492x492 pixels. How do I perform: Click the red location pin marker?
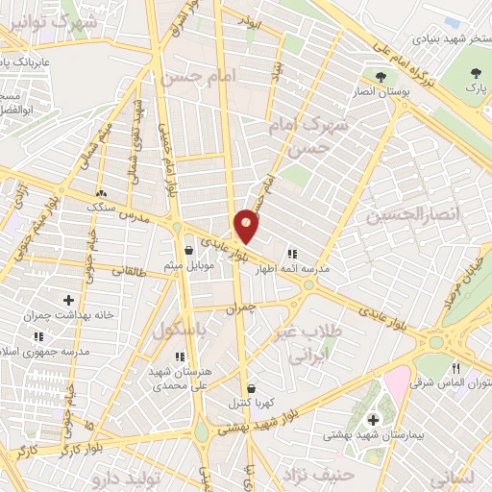248,225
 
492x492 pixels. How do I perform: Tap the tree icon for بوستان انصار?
381,76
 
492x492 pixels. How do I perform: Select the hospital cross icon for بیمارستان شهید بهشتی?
373,419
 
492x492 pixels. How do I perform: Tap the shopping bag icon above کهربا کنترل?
252,388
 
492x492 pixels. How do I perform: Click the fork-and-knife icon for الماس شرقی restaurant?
456,368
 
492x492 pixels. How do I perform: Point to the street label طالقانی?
118,272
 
